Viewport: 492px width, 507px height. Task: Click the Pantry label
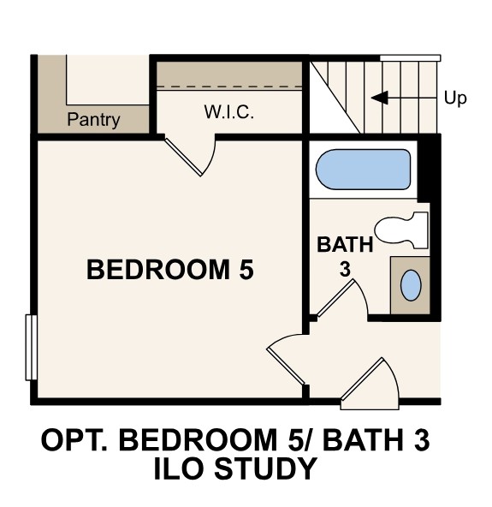point(94,120)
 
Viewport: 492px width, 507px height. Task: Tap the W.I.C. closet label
point(228,112)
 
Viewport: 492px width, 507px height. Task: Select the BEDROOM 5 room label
point(170,271)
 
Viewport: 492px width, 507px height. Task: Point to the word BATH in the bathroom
point(345,245)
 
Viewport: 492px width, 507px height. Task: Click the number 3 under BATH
point(345,269)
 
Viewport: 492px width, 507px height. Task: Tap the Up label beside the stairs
point(455,98)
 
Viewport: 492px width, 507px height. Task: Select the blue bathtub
point(363,170)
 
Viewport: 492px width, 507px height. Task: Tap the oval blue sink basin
point(412,284)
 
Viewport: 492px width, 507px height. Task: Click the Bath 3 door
point(339,300)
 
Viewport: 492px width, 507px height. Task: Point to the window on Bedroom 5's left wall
point(32,347)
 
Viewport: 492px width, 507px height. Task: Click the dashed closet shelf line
point(228,86)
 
